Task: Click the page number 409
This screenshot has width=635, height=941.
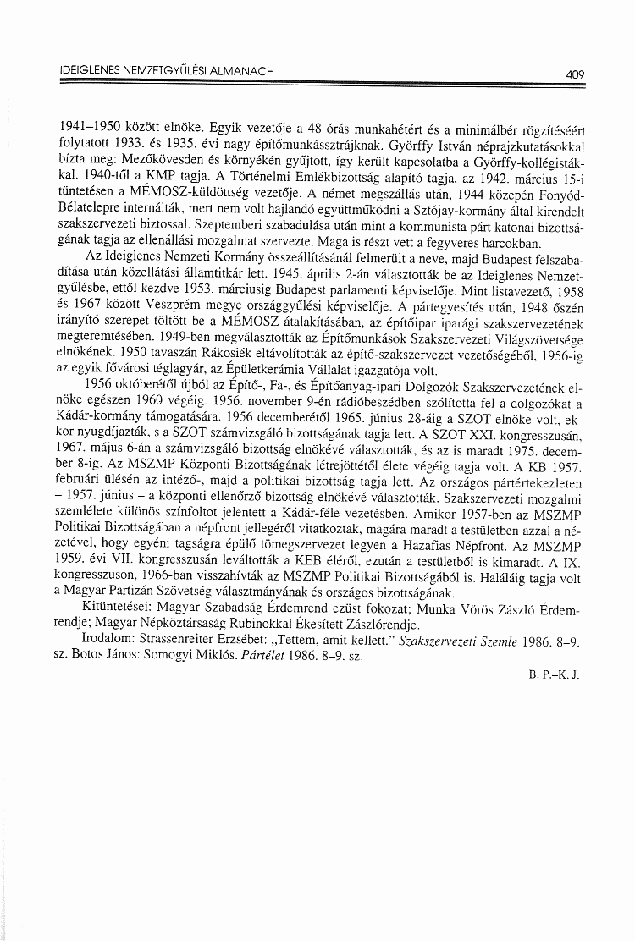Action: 576,74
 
